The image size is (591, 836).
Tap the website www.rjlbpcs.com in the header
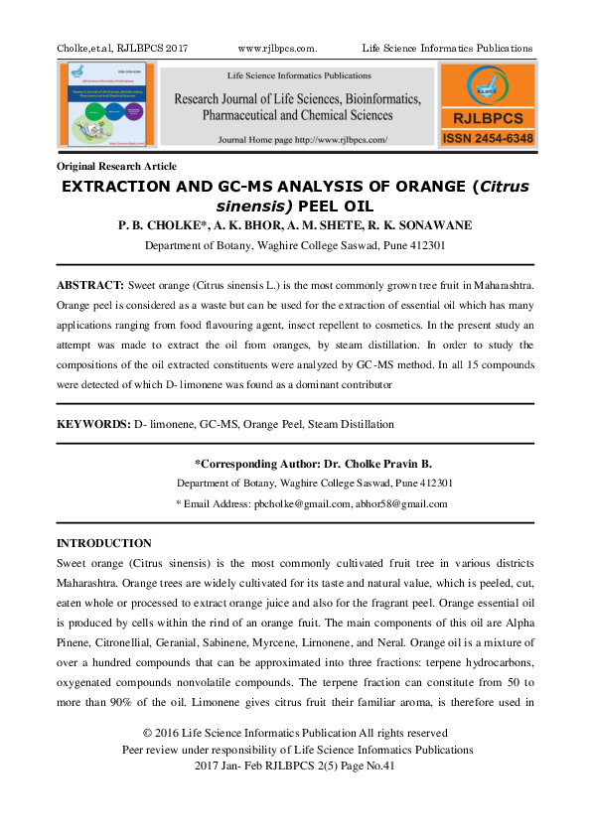pyautogui.click(x=278, y=49)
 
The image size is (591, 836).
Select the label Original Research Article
pyautogui.click(x=117, y=166)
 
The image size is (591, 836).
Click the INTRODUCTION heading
pyautogui.click(x=104, y=543)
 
